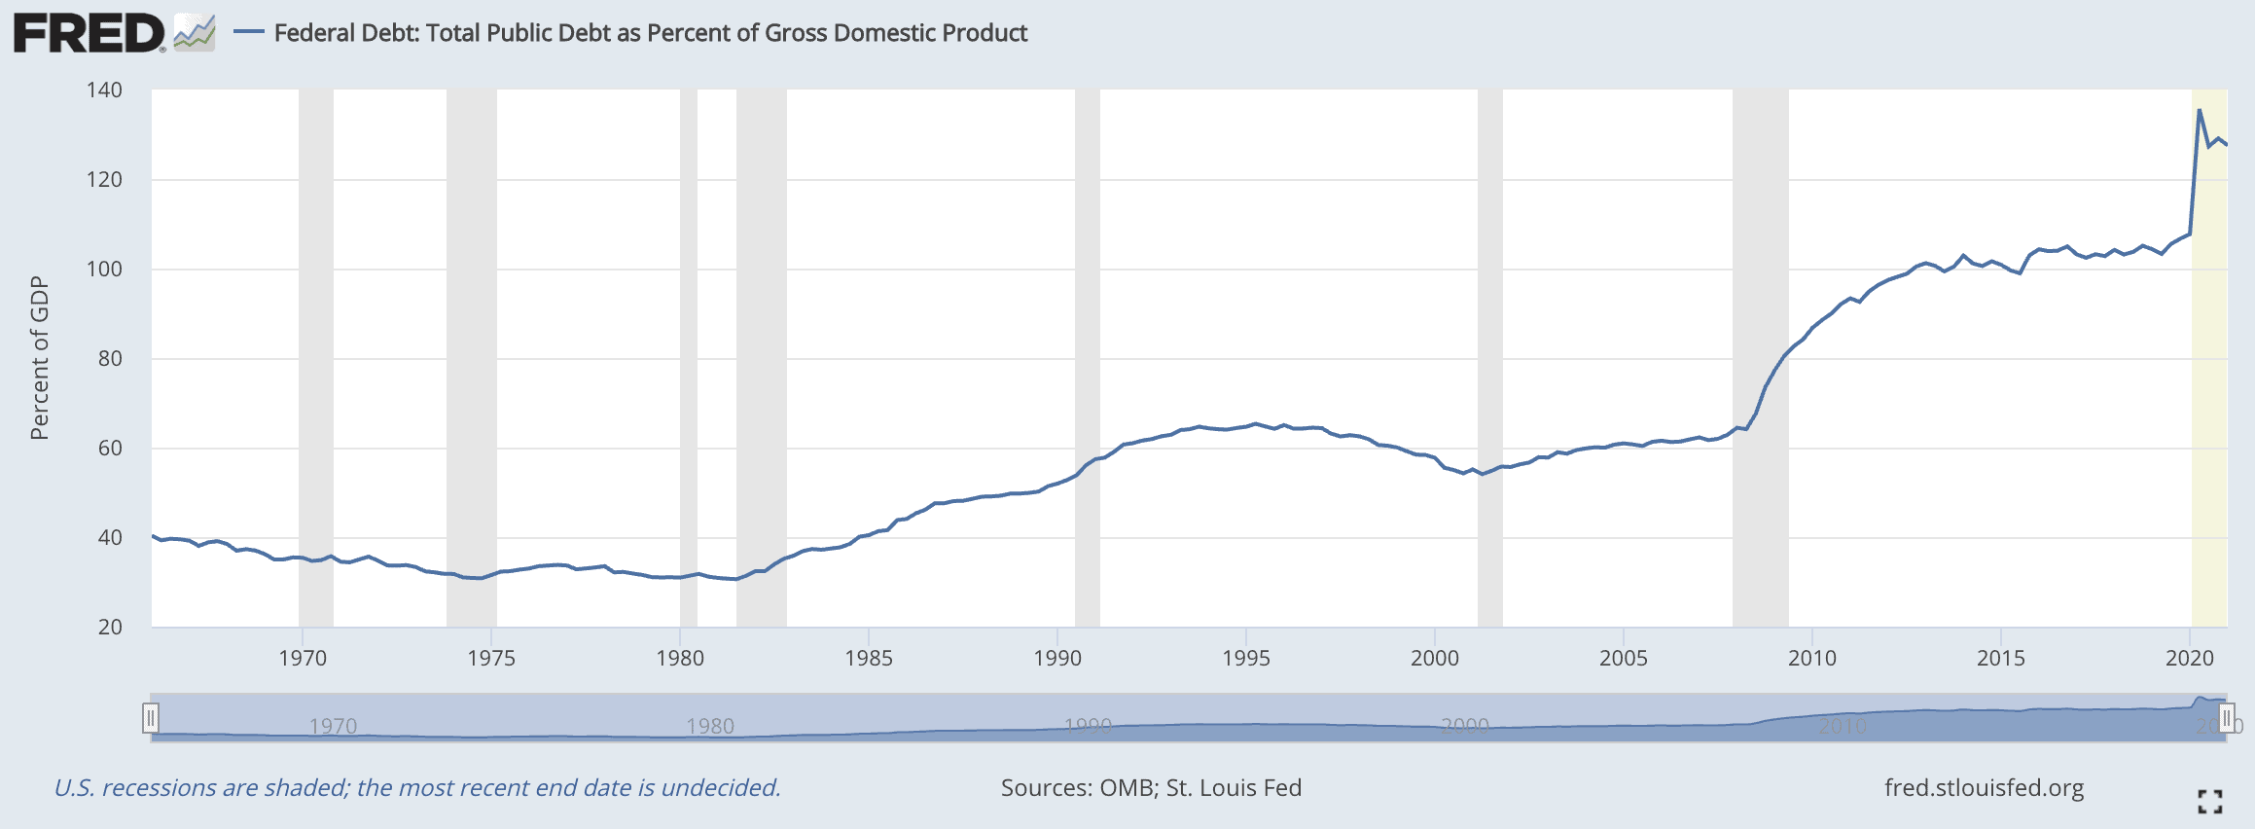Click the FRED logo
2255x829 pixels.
89,33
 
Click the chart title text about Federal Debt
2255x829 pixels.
650,33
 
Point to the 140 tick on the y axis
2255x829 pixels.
104,90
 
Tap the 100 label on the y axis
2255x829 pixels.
104,270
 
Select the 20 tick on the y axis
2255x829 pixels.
110,628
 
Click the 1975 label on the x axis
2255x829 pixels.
491,659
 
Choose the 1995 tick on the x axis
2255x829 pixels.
1246,659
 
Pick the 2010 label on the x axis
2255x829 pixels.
1812,659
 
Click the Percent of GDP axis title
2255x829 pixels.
39,358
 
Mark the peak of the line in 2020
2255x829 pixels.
2200,111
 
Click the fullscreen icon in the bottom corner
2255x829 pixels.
2210,802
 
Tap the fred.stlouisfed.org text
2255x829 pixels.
1984,788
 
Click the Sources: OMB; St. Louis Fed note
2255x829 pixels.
1151,788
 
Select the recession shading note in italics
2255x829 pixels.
417,788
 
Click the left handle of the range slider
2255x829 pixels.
151,719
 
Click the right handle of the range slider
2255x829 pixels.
2226,719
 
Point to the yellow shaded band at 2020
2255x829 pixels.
2209,389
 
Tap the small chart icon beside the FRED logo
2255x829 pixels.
195,33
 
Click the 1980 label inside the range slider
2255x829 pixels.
710,726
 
